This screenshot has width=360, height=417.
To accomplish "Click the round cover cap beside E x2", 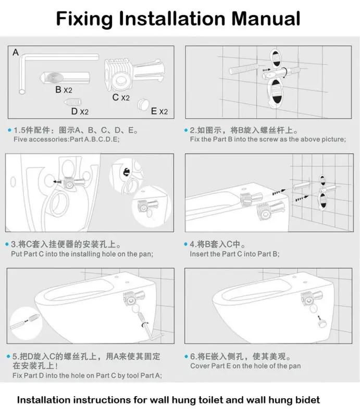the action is [142, 104].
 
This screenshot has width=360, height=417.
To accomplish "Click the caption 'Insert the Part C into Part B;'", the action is [234, 254].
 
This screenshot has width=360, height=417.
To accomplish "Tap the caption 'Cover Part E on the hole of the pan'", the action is [245, 366].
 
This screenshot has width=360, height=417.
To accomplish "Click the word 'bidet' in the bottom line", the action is [306, 400].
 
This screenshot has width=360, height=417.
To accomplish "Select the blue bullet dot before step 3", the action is [8, 244].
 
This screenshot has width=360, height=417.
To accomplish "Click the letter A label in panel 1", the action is [16, 52].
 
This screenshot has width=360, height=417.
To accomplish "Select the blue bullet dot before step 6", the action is [186, 357].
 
